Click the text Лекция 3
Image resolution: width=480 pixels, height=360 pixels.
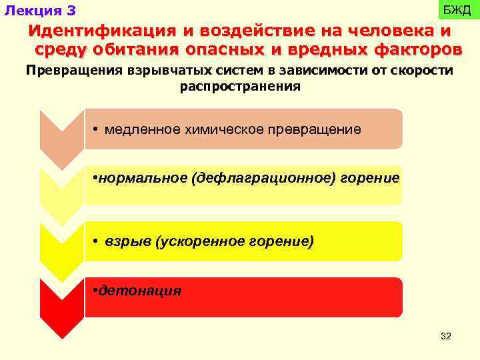[x=40, y=11]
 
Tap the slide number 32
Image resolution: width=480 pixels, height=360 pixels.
[x=446, y=337]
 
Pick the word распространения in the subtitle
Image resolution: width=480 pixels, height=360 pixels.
[x=240, y=87]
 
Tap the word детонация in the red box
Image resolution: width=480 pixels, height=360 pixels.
[x=140, y=291]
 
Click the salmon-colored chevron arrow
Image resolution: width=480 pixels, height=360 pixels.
[x=61, y=133]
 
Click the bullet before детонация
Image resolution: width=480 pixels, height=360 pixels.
[x=95, y=291]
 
